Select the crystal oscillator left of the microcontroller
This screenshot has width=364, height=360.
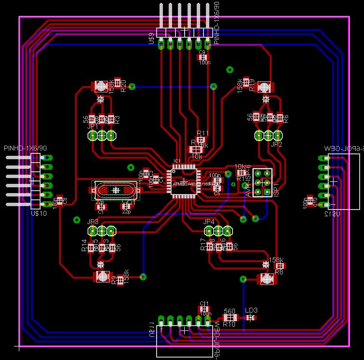click(x=115, y=190)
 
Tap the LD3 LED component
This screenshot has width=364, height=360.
click(x=250, y=317)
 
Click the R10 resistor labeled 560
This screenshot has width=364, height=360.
click(x=230, y=317)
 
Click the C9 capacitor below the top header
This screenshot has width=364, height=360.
click(x=202, y=57)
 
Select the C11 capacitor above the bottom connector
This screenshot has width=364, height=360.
click(x=204, y=309)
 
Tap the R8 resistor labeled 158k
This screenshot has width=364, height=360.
click(x=279, y=266)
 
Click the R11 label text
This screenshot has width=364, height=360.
click(x=203, y=133)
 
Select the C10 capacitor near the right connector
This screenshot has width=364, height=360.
click(x=310, y=199)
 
